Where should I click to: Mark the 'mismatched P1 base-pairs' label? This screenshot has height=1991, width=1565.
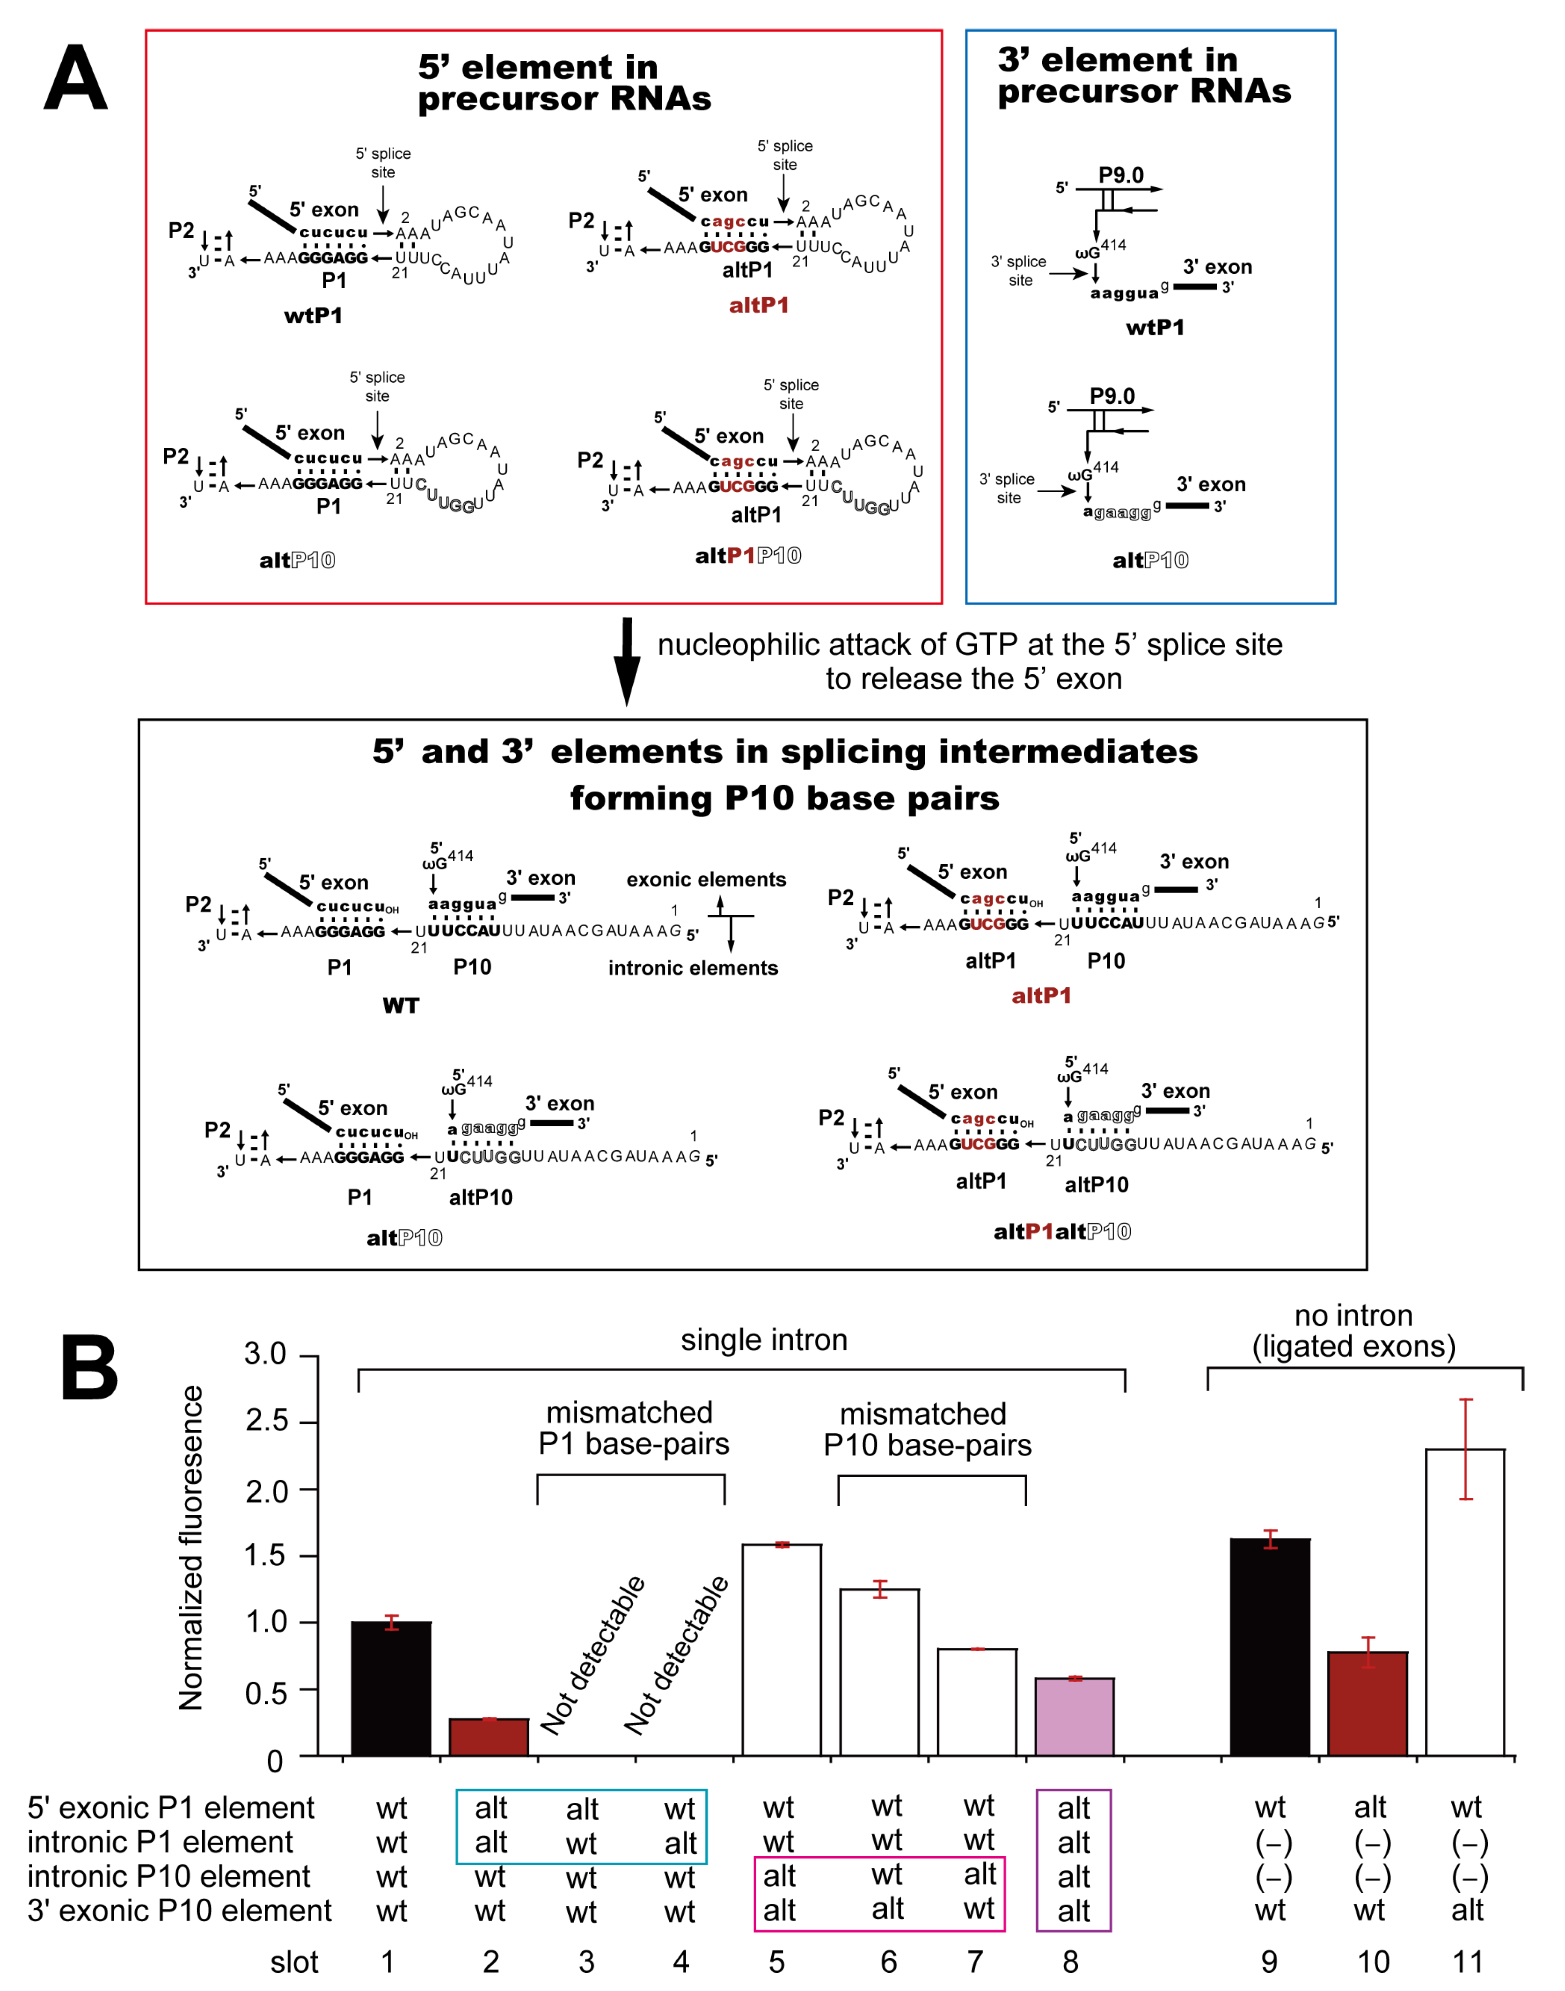pos(633,1428)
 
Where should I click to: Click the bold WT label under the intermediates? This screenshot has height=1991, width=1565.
pos(401,1005)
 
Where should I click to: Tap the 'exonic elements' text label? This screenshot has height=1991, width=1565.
pos(706,880)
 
